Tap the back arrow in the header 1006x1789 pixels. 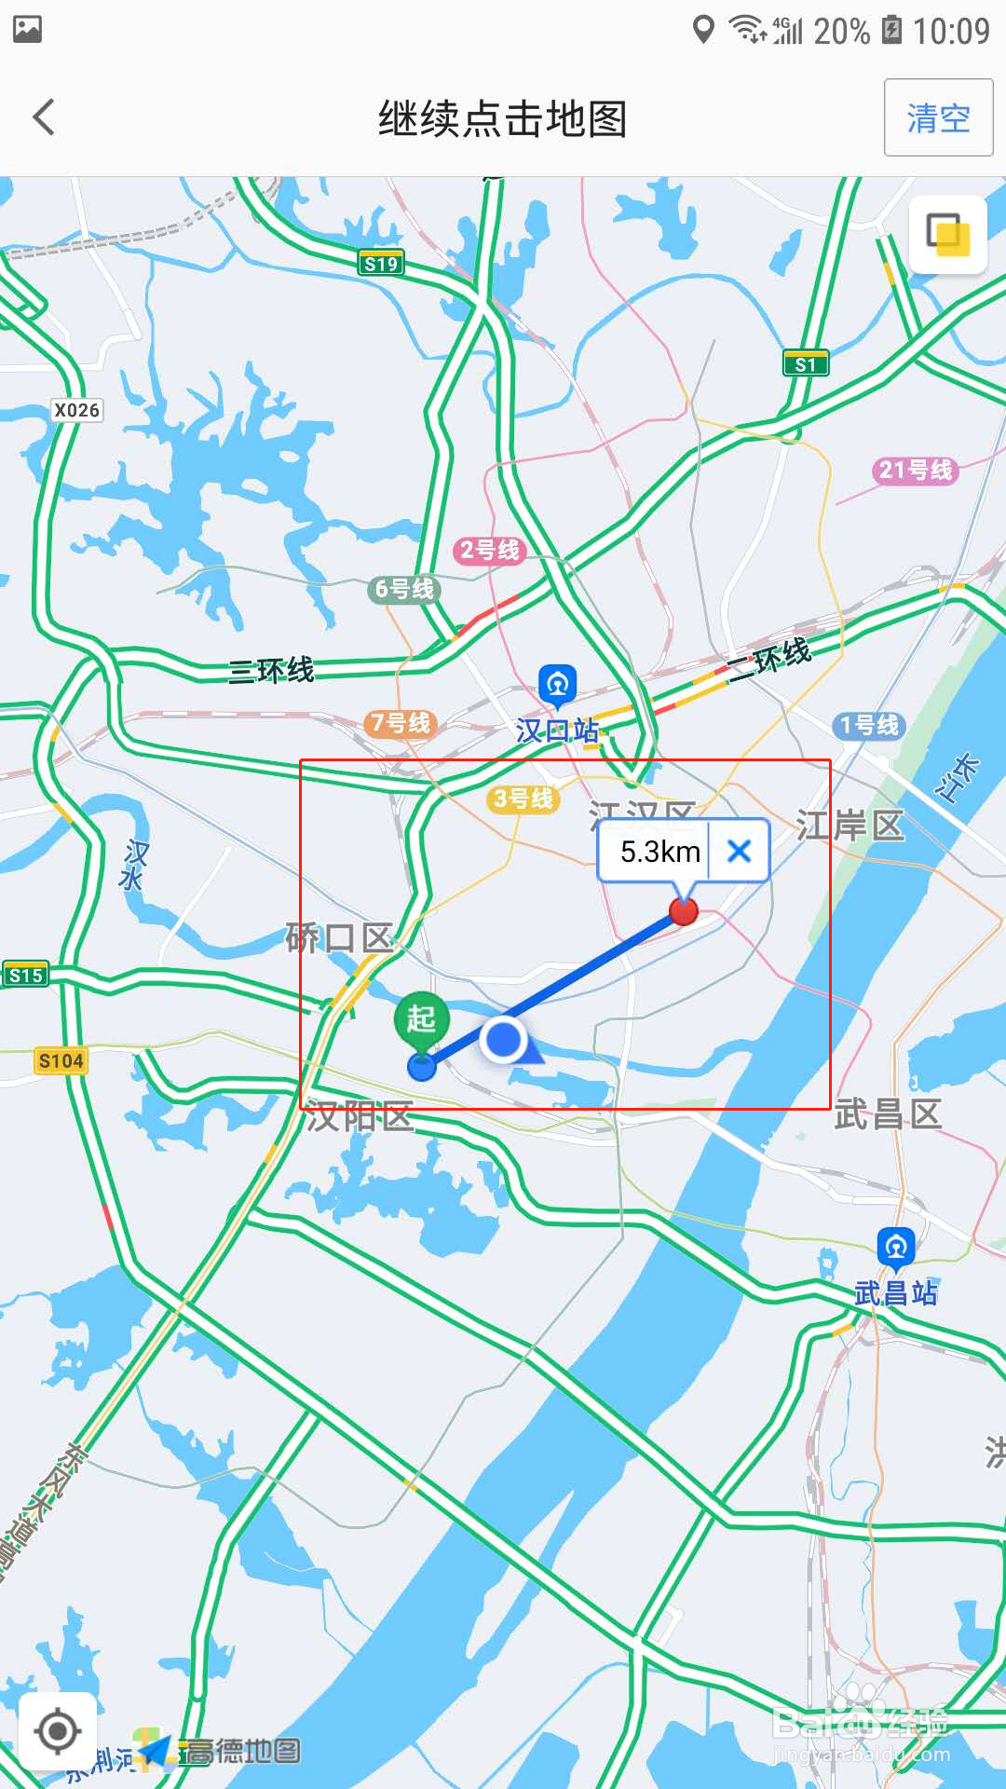44,117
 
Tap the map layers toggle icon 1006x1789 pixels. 947,234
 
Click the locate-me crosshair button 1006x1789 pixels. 58,1731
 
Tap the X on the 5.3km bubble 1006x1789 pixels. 739,851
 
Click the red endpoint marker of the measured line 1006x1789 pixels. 684,911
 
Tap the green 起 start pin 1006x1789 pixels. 422,1019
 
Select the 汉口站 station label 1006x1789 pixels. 557,730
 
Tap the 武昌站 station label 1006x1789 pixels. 895,1292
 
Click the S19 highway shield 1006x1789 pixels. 381,264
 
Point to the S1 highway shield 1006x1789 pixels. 806,364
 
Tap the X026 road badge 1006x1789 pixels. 76,410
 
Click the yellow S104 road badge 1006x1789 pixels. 61,1060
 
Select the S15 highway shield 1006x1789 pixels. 25,976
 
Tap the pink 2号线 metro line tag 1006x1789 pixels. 490,550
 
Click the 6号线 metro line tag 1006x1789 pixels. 404,589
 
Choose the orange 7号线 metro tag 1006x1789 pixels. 401,723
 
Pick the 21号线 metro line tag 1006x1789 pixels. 916,470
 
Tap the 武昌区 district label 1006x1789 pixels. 888,1113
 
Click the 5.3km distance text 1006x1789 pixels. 659,852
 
